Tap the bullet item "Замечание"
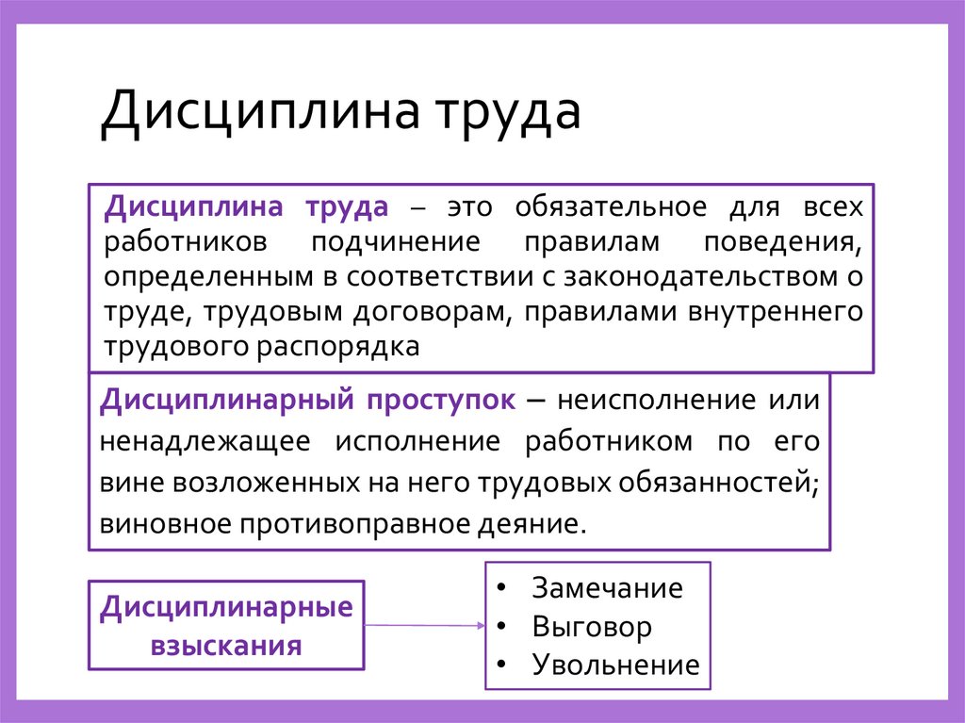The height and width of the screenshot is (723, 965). pos(607,588)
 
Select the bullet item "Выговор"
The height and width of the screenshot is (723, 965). pos(592,627)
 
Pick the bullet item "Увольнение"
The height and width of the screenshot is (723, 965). pos(615,665)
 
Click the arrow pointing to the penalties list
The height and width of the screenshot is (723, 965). pos(424,625)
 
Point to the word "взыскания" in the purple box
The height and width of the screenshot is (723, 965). pos(226,647)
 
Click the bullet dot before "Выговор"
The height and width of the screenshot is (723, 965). pos(500,626)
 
